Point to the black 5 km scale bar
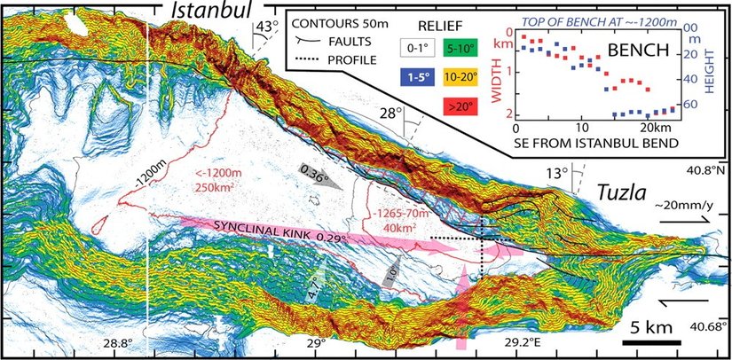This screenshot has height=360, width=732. [651, 341]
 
